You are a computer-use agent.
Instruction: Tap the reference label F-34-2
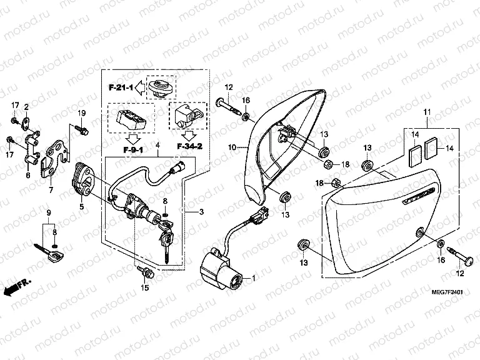(190, 146)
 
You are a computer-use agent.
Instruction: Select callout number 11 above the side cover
(427, 112)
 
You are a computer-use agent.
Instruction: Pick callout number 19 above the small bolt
(81, 112)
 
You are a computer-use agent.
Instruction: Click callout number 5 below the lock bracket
(80, 206)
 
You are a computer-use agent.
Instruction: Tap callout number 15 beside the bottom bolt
(146, 288)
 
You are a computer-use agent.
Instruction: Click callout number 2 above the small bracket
(26, 107)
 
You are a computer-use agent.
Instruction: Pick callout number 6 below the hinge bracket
(27, 176)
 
